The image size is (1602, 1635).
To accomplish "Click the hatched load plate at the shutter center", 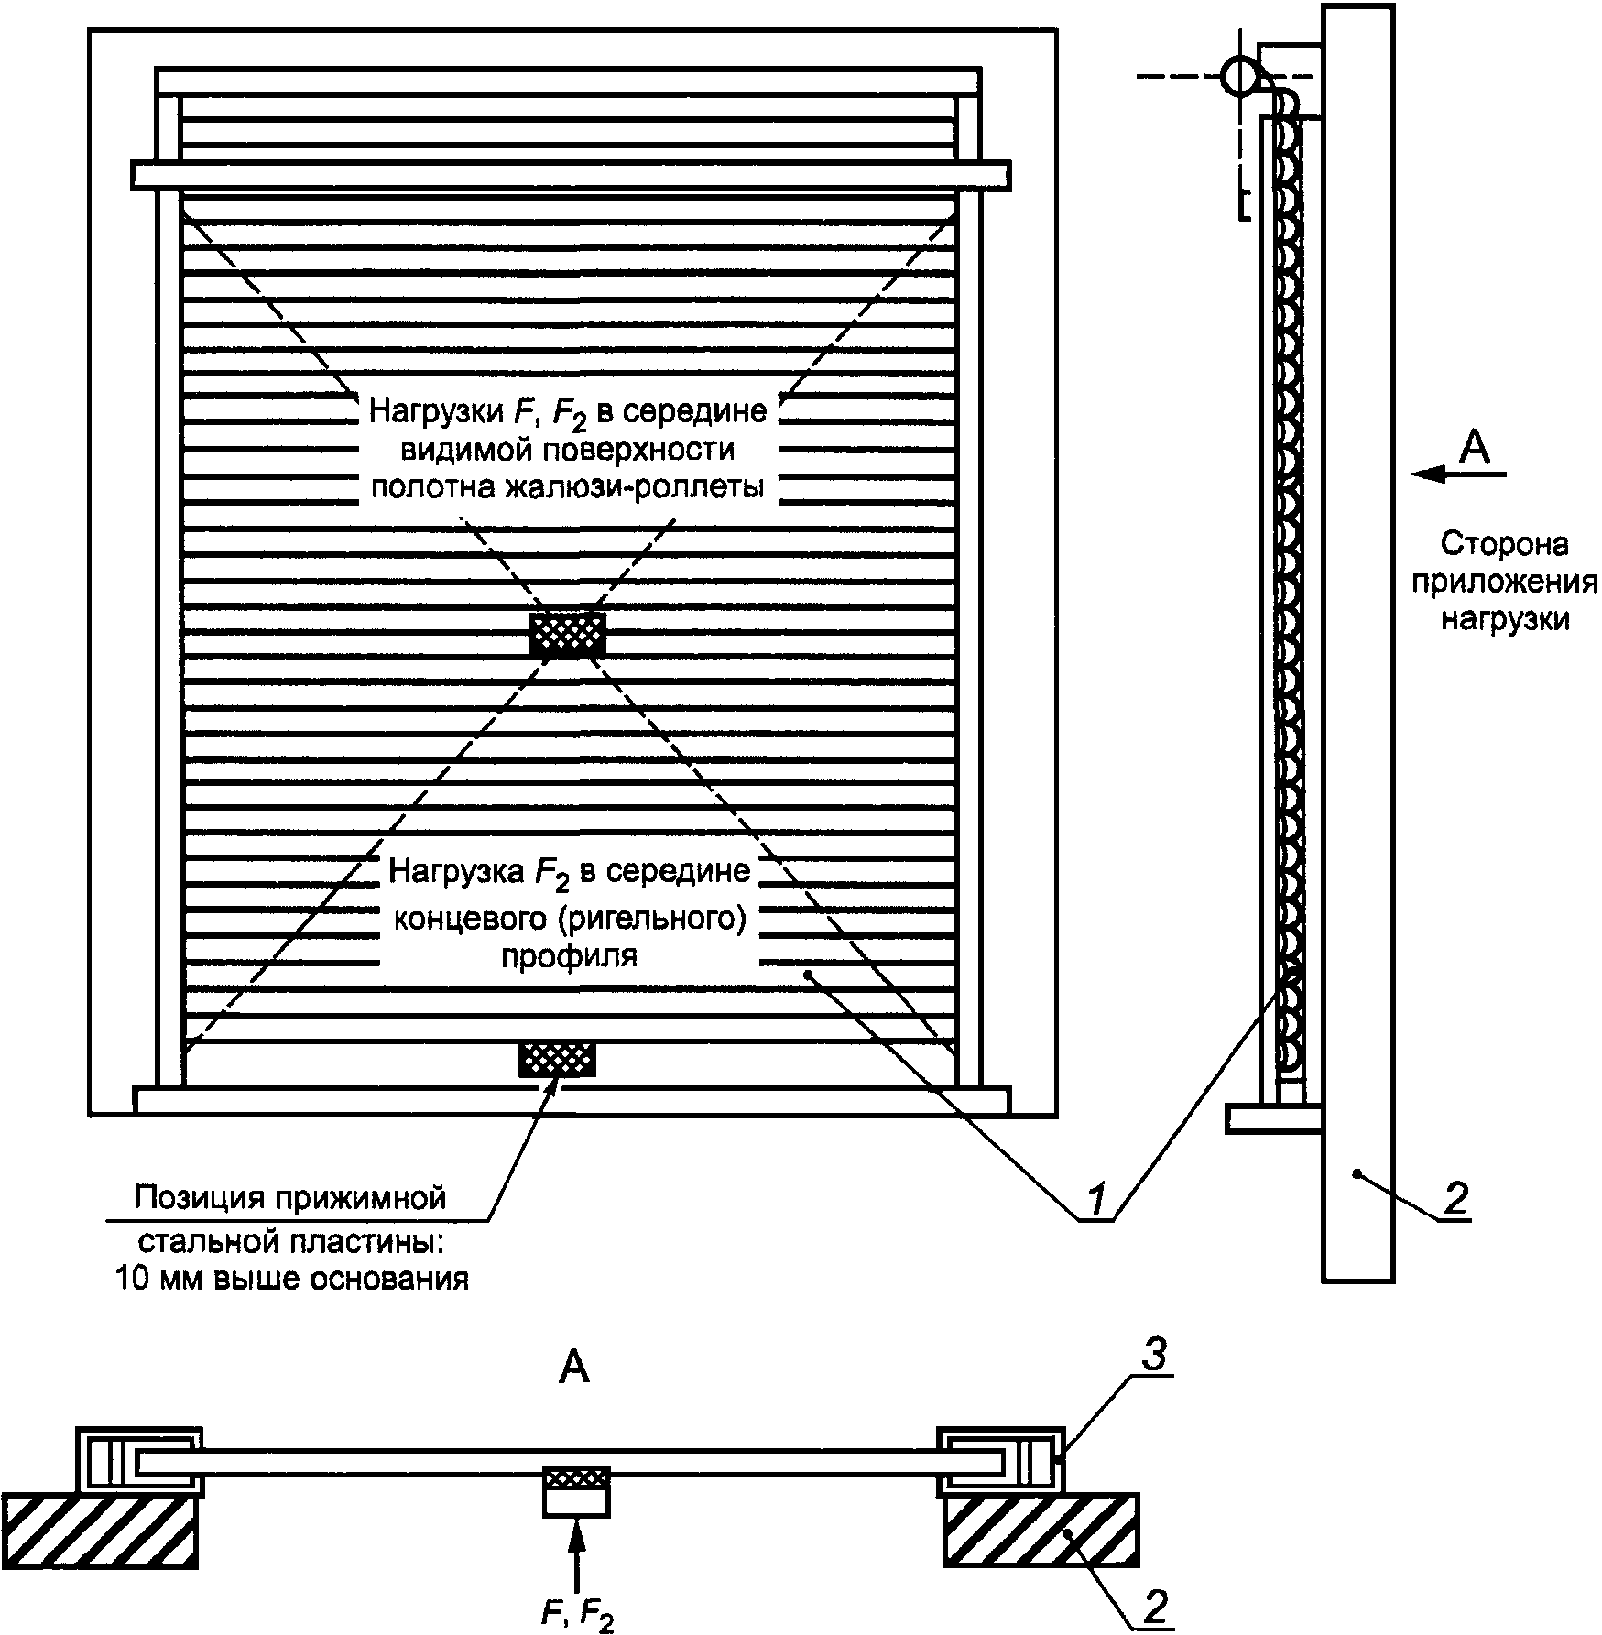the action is pos(567,634).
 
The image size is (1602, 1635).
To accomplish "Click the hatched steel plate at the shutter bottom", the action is pos(557,1058).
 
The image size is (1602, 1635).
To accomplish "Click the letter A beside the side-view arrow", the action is pos(1474,448).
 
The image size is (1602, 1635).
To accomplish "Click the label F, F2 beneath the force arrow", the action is pos(577,1616).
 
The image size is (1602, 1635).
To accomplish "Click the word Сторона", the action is pos(1505,544).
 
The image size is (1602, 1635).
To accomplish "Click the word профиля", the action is pos(569,956).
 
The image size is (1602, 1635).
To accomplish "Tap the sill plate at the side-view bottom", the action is pos(1274,1118).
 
